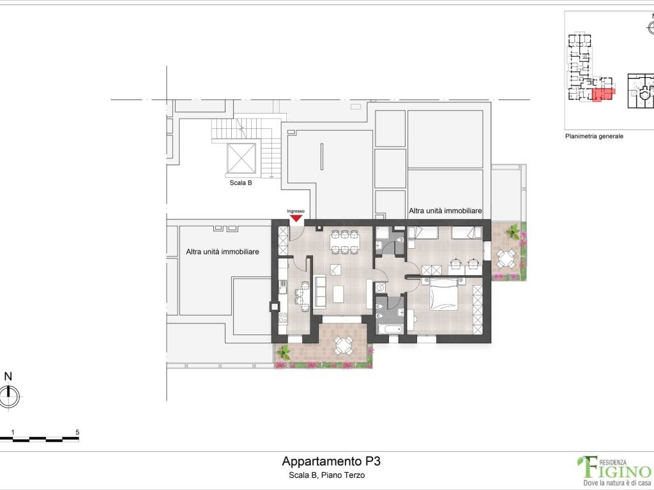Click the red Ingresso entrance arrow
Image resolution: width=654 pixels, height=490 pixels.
pos(296,218)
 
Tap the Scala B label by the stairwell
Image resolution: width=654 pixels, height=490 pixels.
pos(241,182)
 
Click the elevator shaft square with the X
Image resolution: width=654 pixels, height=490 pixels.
pos(241,158)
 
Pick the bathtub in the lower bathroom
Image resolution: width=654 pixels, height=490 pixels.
pos(390,329)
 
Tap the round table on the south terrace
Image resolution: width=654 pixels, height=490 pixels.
pos(344,345)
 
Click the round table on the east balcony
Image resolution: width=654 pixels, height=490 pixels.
pos(506,258)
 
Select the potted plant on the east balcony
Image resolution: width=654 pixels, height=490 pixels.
pos(512,232)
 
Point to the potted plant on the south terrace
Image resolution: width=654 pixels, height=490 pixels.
pos(284,353)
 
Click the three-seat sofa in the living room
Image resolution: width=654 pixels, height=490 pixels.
pos(321,290)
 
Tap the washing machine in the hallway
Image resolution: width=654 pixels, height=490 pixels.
pos(380,288)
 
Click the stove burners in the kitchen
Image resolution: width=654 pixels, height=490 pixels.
pos(283,318)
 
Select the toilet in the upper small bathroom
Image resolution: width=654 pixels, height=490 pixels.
pos(400,241)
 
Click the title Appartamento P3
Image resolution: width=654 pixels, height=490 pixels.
pos(331,461)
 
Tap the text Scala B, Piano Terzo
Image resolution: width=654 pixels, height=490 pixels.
pos(326,475)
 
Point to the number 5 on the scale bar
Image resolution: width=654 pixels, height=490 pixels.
pos(77,432)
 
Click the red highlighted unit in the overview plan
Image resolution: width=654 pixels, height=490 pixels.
pos(602,94)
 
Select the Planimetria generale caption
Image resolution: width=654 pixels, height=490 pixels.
pos(594,137)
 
